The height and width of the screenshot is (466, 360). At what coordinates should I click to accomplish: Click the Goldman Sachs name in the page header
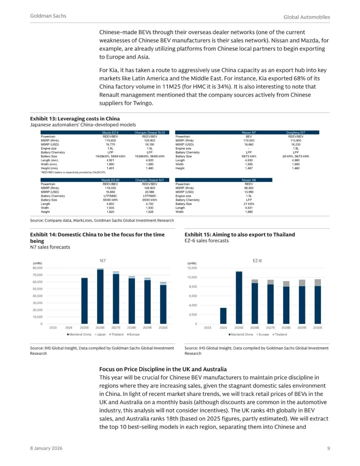[x=48, y=16]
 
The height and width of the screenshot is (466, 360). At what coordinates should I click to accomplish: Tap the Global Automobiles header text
[x=307, y=17]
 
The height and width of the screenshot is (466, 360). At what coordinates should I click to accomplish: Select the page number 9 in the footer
[x=328, y=448]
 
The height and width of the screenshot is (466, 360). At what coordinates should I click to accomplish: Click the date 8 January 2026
[x=46, y=448]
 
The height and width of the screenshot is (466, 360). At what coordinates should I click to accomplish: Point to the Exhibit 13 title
[x=75, y=118]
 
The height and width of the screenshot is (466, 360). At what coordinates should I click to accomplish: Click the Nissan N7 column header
[x=249, y=132]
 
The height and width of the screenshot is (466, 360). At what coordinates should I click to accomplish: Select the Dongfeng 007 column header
[x=296, y=132]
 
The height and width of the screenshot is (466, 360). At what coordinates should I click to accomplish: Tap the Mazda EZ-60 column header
[x=110, y=180]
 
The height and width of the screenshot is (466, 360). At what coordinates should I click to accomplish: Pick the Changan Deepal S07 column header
[x=150, y=180]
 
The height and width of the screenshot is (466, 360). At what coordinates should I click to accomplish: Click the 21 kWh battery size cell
[x=249, y=204]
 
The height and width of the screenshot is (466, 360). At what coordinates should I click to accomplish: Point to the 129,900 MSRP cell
[x=150, y=140]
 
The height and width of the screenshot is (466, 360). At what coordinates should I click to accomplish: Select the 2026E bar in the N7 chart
[x=100, y=296]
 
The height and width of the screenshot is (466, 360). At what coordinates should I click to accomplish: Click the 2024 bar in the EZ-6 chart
[x=223, y=316]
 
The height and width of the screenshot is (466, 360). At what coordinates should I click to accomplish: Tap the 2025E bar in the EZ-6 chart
[x=239, y=298]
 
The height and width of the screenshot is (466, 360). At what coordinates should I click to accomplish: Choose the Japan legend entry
[x=101, y=334]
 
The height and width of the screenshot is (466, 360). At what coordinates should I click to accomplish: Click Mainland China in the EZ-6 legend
[x=242, y=334]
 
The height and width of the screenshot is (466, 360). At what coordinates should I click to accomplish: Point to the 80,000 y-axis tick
[x=38, y=268]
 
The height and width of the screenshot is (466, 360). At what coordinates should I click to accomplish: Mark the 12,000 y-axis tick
[x=192, y=268]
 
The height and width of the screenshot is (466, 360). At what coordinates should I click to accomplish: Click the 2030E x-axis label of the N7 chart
[x=163, y=328]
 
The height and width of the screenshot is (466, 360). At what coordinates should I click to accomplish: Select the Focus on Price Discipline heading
[x=163, y=369]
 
